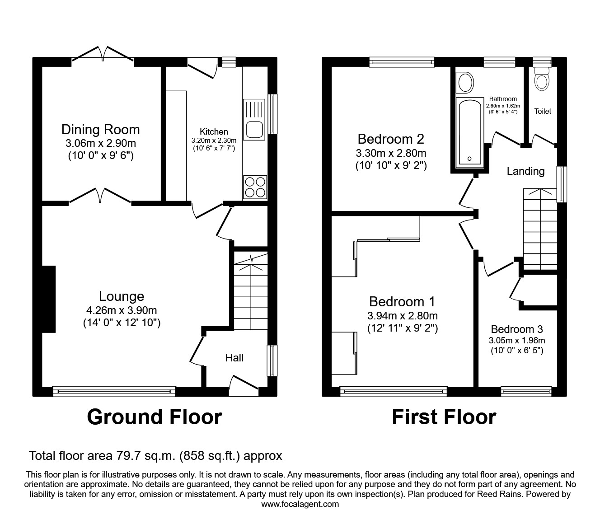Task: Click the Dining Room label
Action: (100, 130)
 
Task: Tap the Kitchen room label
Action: (214, 131)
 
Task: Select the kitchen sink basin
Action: (254, 129)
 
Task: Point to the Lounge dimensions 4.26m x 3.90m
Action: (122, 310)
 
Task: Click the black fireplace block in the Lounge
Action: (48, 299)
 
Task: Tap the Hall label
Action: (234, 358)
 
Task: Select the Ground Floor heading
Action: (154, 417)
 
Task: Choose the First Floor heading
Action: (444, 417)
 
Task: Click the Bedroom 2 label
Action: (390, 138)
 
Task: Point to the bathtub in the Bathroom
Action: (469, 132)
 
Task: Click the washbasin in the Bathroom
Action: (464, 83)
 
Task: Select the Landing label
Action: (525, 171)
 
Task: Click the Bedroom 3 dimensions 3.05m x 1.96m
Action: (516, 340)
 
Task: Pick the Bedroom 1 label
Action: (402, 301)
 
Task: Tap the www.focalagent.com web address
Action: (300, 504)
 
